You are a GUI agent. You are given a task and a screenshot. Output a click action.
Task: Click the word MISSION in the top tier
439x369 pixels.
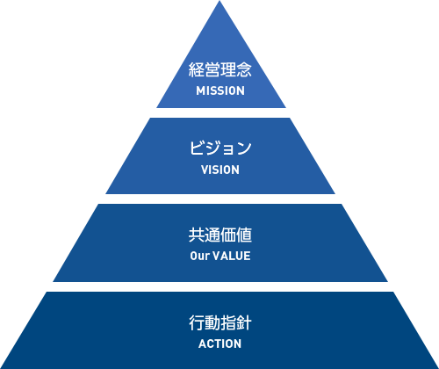coord(220,90)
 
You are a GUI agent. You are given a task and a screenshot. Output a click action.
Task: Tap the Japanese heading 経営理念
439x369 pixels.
coord(220,69)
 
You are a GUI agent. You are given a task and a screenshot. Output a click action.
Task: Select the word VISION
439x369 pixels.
coord(220,170)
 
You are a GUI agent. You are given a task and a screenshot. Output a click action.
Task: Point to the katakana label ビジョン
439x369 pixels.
coord(220,148)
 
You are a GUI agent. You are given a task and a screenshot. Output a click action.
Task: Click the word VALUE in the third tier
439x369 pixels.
coord(231,256)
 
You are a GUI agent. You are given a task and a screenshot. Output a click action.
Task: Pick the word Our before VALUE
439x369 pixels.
coord(199,256)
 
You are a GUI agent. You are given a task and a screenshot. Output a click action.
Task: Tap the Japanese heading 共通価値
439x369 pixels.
coord(220,235)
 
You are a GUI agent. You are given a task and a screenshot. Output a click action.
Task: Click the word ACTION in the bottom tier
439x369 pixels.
coord(220,344)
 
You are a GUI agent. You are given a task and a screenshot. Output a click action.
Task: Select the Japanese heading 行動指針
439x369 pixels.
coord(220,322)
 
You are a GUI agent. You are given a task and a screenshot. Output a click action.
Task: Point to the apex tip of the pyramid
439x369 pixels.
coord(219,1)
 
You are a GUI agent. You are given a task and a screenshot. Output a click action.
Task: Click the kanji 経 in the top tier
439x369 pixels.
coord(197,69)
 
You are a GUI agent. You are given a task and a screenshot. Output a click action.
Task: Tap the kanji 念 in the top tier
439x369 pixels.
coord(244,69)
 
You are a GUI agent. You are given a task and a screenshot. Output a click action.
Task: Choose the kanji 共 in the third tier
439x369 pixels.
coord(197,235)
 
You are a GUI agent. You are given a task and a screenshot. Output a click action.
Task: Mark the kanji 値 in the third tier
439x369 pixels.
coord(244,235)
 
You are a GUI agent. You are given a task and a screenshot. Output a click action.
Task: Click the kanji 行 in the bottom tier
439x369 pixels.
coord(197,322)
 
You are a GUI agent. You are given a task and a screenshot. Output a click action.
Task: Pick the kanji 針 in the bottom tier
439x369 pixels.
coord(244,322)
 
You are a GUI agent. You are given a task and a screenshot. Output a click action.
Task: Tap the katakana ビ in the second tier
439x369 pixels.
coord(197,148)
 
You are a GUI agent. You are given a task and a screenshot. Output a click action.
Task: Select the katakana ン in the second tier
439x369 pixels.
coord(244,148)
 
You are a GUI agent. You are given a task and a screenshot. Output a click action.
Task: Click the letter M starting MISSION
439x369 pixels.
coord(199,90)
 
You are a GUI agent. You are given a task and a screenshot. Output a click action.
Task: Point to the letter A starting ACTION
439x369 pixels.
coord(202,344)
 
